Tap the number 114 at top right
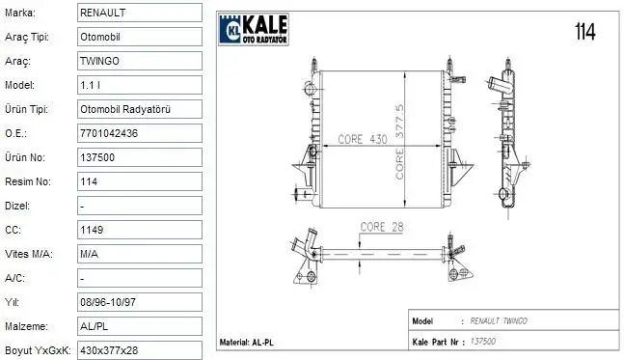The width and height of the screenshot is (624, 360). click(x=584, y=32)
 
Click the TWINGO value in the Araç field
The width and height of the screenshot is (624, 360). click(x=101, y=61)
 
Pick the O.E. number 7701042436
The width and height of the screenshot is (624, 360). click(x=111, y=133)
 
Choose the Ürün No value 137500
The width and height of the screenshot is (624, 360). click(x=98, y=157)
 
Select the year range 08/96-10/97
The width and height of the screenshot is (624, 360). click(x=108, y=302)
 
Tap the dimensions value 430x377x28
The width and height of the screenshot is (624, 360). click(x=108, y=349)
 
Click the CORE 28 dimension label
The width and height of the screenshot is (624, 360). click(x=381, y=227)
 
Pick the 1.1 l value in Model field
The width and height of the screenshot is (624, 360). click(x=90, y=85)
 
